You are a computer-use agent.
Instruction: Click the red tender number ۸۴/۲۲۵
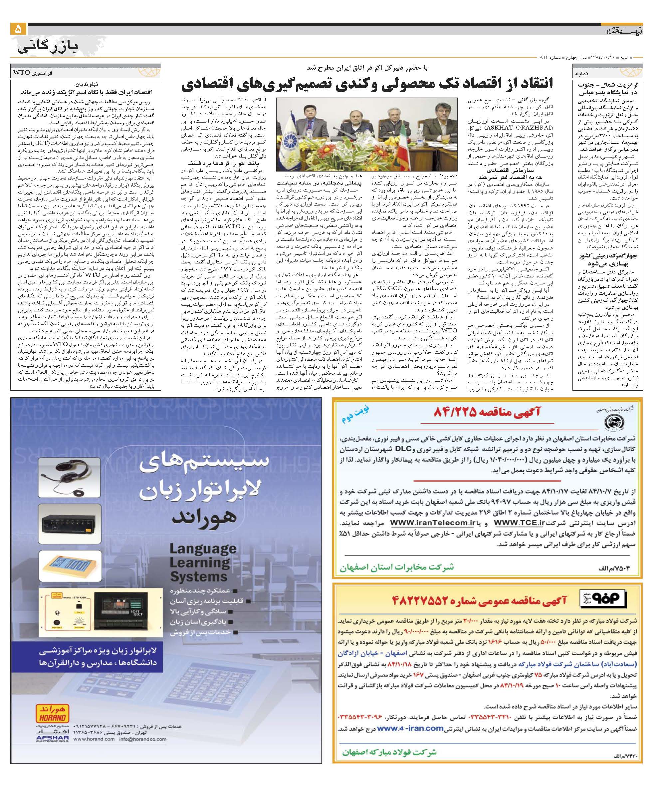coord(455,412)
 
